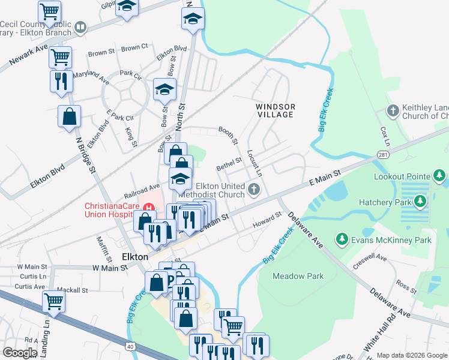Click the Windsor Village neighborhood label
(276, 110)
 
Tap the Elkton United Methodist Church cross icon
(254, 190)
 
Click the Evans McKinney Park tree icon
(342, 241)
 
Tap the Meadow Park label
(298, 277)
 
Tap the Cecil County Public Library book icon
(80, 28)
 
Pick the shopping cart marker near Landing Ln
(54, 301)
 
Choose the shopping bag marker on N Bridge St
(69, 116)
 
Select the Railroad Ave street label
(142, 190)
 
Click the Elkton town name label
(134, 256)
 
